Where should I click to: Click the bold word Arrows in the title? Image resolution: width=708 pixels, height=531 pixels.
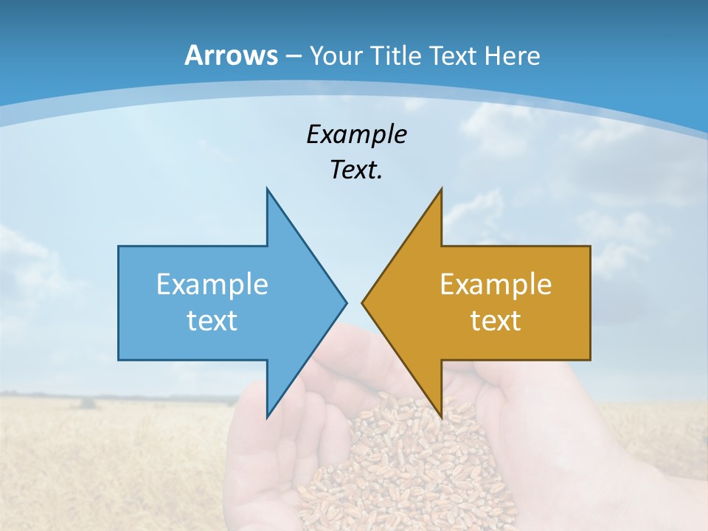click(x=231, y=55)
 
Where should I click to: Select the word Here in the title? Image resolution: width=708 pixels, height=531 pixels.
click(x=513, y=55)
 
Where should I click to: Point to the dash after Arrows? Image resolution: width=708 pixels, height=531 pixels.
click(x=293, y=56)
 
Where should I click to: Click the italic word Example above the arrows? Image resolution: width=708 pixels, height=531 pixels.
click(x=356, y=135)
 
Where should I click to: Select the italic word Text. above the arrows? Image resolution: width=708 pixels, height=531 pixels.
click(x=356, y=170)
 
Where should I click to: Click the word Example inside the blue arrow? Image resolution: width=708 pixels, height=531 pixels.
click(x=212, y=285)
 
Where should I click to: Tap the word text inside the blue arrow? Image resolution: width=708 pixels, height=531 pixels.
click(x=212, y=321)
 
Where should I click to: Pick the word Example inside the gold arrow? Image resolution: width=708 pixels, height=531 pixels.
click(x=496, y=285)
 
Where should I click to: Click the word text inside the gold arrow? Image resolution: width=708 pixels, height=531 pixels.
click(x=496, y=321)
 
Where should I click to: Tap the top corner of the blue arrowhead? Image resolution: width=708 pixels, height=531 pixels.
click(x=268, y=190)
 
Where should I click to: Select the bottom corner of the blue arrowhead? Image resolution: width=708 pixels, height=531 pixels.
click(x=268, y=416)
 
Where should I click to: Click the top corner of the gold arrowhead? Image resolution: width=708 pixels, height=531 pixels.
click(x=440, y=190)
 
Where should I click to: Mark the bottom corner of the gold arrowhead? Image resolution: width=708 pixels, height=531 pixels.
click(x=440, y=416)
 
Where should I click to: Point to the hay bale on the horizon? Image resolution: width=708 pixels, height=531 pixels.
click(x=88, y=403)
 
